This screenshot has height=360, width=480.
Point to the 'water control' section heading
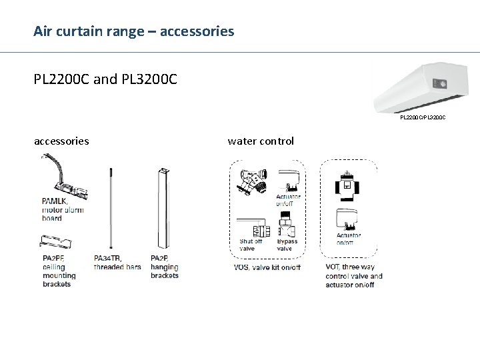(x=261, y=141)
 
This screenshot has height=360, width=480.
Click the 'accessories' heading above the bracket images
(x=61, y=141)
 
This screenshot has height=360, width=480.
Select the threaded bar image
(x=109, y=206)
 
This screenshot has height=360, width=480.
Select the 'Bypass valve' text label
(x=284, y=245)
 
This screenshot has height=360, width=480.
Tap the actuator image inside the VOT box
(x=348, y=219)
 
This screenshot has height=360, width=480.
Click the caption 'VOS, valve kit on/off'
(x=267, y=267)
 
